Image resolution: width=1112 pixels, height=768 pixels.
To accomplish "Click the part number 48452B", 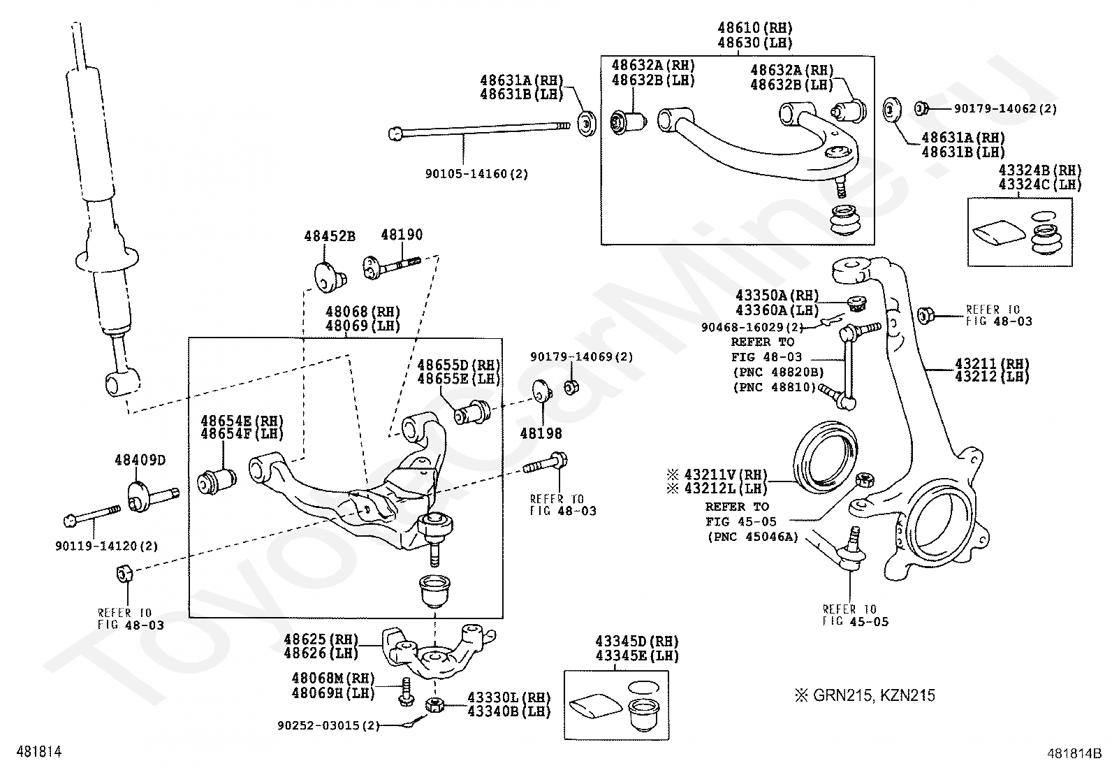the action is click(x=330, y=236).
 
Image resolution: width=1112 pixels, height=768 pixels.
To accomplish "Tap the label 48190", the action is click(x=402, y=235).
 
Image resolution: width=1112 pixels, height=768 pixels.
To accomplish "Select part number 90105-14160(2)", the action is click(x=476, y=174).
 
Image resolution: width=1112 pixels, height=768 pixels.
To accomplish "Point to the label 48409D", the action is click(x=140, y=460).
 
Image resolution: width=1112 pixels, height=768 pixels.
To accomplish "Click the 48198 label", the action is click(x=541, y=434).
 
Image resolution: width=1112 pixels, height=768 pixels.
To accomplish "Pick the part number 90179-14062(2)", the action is click(x=1005, y=108).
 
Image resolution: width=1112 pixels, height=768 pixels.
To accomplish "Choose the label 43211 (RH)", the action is click(x=992, y=363).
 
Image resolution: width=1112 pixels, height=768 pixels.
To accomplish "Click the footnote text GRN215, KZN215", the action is click(x=874, y=695).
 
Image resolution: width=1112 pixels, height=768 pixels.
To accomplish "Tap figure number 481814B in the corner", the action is click(x=1074, y=753).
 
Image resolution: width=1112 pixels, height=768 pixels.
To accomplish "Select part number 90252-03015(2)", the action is click(x=328, y=726).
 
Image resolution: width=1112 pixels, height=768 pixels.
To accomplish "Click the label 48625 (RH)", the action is click(x=321, y=639).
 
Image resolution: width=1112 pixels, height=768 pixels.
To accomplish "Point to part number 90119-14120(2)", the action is click(x=107, y=546).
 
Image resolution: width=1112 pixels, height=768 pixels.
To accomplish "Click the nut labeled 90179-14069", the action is click(x=572, y=387).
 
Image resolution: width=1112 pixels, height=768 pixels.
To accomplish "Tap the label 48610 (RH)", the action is click(x=755, y=28).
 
